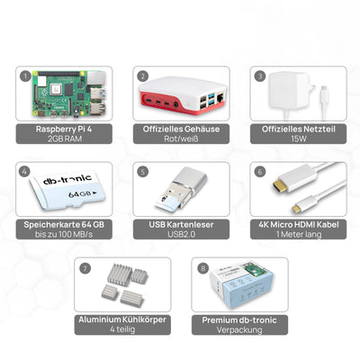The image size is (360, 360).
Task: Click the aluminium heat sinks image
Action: pyautogui.click(x=119, y=288)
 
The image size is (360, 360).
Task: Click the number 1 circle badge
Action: pyautogui.click(x=27, y=76)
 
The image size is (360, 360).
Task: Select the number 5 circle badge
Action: pyautogui.click(x=142, y=170)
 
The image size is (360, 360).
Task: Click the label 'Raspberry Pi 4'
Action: pyautogui.click(x=64, y=130)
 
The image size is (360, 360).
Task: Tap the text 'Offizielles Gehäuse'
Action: pyautogui.click(x=179, y=130)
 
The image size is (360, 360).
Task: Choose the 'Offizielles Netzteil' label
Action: pyautogui.click(x=294, y=130)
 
